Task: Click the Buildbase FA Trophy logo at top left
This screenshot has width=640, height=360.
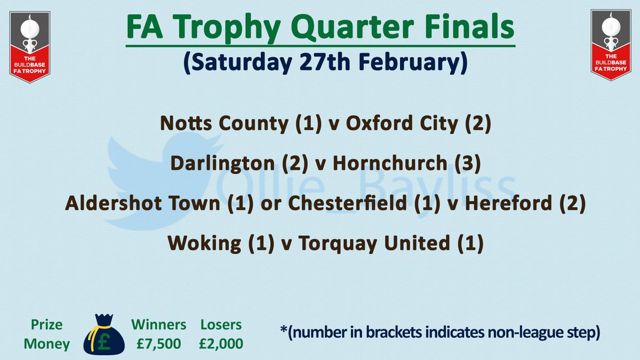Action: click(x=30, y=47)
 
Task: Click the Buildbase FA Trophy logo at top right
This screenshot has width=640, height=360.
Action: click(x=611, y=45)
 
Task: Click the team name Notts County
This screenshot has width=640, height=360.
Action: click(x=225, y=123)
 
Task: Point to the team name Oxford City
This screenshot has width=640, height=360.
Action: click(x=402, y=123)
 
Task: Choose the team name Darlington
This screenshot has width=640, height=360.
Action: click(x=222, y=163)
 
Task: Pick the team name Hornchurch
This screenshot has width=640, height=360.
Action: click(x=390, y=163)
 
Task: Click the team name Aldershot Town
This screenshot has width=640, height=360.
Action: click(x=142, y=203)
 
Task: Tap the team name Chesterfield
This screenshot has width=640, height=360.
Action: click(x=347, y=203)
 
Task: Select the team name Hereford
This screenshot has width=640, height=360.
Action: click(x=508, y=203)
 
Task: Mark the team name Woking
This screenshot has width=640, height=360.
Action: click(x=204, y=243)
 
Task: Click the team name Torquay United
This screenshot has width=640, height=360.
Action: click(x=374, y=243)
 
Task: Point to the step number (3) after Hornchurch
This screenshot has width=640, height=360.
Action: click(x=468, y=163)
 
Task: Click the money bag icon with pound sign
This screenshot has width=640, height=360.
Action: click(x=104, y=334)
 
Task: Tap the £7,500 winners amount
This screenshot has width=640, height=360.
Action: click(x=158, y=343)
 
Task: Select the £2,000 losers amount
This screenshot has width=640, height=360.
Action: click(x=221, y=343)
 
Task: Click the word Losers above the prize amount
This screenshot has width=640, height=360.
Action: click(x=221, y=325)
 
